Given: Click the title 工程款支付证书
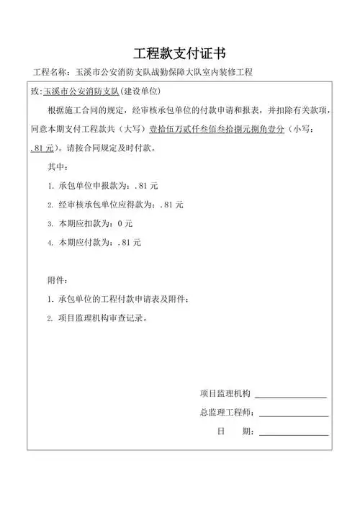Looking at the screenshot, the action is click(180, 54).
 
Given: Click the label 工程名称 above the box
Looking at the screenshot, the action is click(52, 73).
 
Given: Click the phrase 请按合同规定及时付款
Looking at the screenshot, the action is click(105, 149).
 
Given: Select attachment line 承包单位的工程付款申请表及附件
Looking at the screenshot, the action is click(126, 299).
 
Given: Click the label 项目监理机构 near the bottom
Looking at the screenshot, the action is click(225, 393).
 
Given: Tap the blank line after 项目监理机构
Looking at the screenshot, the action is click(291, 396).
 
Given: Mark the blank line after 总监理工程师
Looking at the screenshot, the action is click(294, 416).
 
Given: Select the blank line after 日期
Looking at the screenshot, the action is click(294, 434).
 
